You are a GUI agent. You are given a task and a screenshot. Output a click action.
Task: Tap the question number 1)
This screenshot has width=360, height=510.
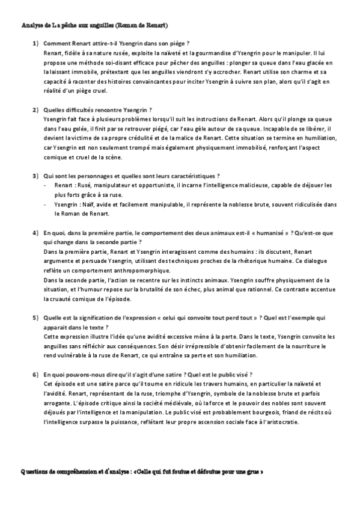[x=36, y=44]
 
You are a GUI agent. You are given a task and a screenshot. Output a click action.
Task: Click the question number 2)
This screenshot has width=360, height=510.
[x=36, y=109]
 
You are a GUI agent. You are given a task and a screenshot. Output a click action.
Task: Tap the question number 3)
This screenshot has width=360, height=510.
[x=36, y=175]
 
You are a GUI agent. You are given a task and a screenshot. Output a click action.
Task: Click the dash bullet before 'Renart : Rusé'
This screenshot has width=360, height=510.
[x=46, y=186]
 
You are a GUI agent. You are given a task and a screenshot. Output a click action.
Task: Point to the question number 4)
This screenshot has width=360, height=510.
[x=36, y=232]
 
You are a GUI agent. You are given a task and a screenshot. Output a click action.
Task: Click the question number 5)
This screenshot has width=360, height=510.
[x=36, y=316]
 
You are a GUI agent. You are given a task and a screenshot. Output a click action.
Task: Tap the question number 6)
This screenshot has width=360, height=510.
[x=36, y=374]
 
